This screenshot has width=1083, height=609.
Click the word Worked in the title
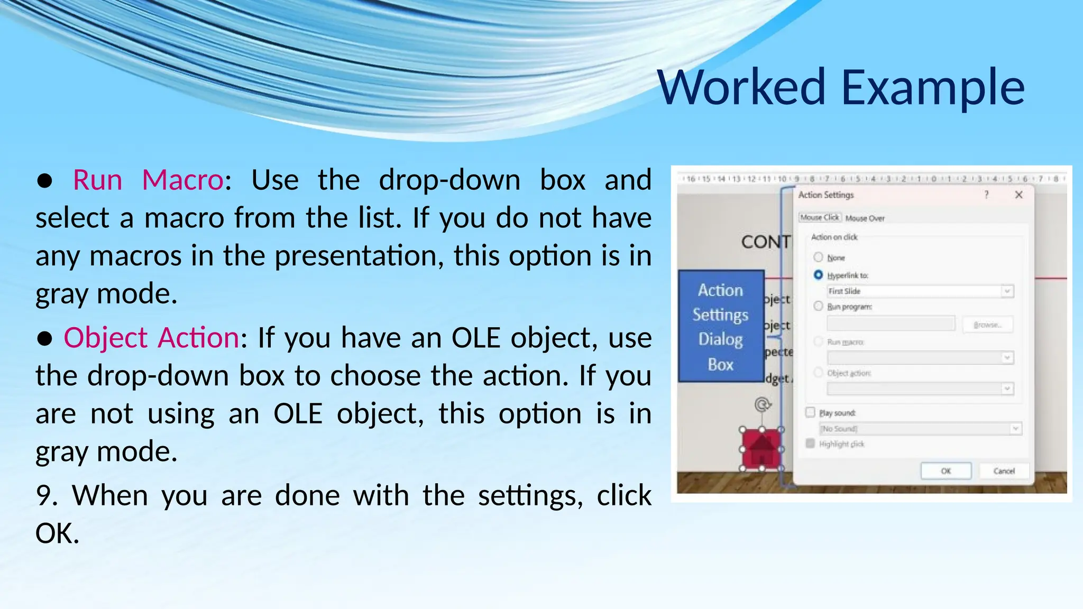(740, 87)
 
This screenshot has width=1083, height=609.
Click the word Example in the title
(933, 87)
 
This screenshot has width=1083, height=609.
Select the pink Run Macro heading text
(148, 180)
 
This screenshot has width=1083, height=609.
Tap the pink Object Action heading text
(151, 337)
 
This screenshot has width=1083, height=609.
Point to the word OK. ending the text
(57, 533)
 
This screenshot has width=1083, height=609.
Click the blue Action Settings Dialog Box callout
(721, 326)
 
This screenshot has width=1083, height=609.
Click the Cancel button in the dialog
(1003, 471)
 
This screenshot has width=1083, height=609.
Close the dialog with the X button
(1018, 195)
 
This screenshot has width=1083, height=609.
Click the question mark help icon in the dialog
(986, 195)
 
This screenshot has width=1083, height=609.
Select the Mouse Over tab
(865, 218)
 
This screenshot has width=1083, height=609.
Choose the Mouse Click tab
(819, 217)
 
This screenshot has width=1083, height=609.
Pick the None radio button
(818, 257)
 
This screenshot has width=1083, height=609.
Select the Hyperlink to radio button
(818, 275)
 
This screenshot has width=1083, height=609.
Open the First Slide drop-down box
(1007, 291)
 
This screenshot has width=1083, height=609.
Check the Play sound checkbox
(810, 412)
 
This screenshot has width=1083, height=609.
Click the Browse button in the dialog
(987, 325)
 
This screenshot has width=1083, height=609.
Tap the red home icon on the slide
(761, 449)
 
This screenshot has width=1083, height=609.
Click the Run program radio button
(818, 306)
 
